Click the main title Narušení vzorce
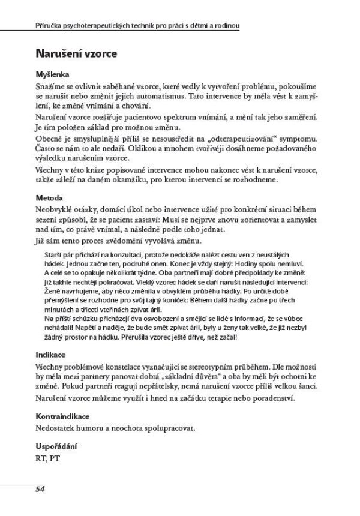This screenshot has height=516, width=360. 76,53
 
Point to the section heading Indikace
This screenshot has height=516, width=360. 51,355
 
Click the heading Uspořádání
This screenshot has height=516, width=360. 58,447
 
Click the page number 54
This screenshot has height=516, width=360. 40,489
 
